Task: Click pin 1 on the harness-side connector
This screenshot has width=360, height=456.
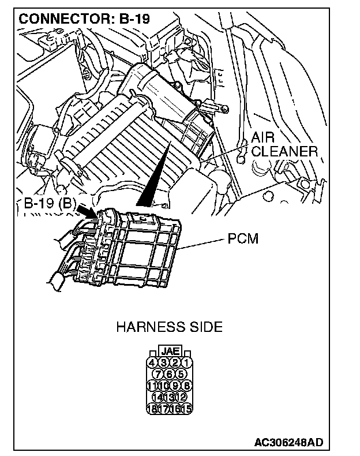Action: pyautogui.click(x=186, y=362)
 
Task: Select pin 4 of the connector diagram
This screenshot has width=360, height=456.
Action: pyautogui.click(x=152, y=362)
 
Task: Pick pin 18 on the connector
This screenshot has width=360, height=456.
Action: pyautogui.click(x=152, y=409)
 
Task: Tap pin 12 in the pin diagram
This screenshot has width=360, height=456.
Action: pyautogui.click(x=181, y=397)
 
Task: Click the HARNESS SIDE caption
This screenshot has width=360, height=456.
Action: pyautogui.click(x=169, y=327)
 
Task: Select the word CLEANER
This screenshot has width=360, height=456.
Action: pyautogui.click(x=284, y=152)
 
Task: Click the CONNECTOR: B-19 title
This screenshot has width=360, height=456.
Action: pyautogui.click(x=84, y=18)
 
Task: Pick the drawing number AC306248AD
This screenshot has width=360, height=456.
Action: pyautogui.click(x=288, y=443)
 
